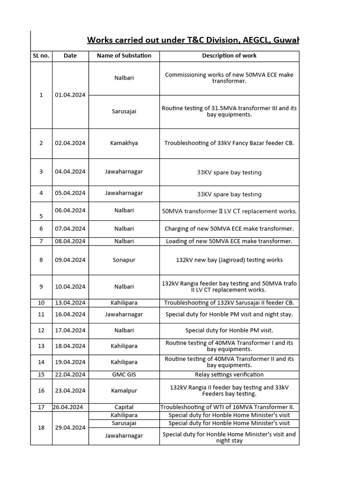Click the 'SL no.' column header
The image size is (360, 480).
point(41,55)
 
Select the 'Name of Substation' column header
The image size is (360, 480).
point(124,55)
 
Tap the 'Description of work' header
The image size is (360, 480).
point(229,55)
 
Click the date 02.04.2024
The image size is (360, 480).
point(70,143)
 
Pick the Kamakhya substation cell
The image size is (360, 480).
point(124,143)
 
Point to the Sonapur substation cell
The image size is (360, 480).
point(124,260)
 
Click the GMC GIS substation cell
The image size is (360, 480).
point(124,375)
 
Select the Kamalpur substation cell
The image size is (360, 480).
point(124,390)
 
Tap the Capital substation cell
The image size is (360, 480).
point(124,407)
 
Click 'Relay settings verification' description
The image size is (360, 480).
point(229,375)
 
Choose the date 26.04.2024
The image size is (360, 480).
point(70,407)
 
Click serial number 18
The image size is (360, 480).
point(41,427)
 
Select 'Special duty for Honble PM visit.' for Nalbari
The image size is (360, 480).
point(229,330)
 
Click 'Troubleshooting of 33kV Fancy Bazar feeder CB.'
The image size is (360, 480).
point(229,143)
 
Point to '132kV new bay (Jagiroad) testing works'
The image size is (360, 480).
point(229,260)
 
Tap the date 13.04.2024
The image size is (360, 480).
point(70,303)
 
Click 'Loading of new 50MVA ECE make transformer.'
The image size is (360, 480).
point(229,241)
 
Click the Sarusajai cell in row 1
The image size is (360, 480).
point(124,112)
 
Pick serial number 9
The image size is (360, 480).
point(41,286)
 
